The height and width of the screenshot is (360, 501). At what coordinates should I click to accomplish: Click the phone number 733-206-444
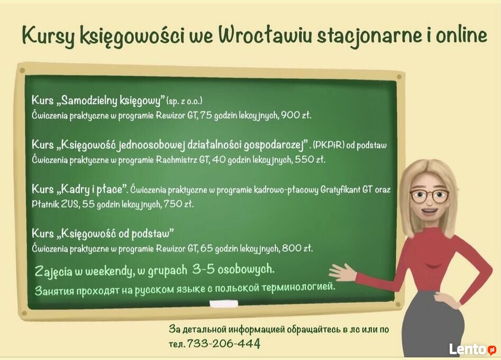[x=223, y=344]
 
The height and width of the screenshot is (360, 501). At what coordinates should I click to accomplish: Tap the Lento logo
[x=472, y=349]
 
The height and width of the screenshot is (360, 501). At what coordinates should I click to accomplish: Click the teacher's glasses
[x=429, y=195]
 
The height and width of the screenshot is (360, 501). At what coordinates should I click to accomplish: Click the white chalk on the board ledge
[x=224, y=304]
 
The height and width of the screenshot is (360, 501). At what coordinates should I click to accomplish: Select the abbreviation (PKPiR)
[x=329, y=145]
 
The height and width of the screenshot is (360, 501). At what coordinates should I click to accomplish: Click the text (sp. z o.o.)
[x=184, y=101]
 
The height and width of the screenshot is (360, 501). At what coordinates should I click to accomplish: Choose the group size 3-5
[x=203, y=269]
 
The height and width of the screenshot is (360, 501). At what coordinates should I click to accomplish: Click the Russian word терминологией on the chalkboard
[x=298, y=286]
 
